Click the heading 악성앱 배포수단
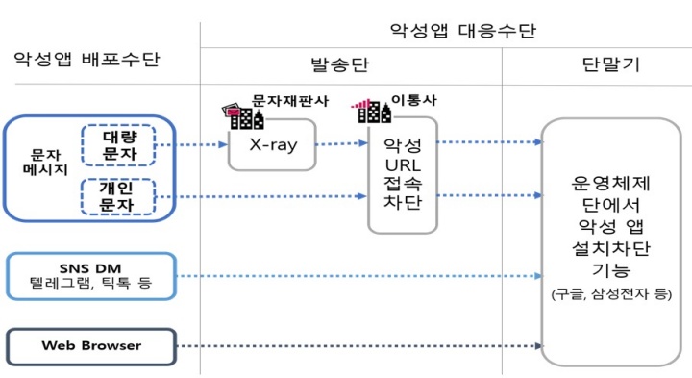[86, 61]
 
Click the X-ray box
[271, 145]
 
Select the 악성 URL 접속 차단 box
[403, 174]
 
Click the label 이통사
[411, 99]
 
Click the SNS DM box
[91, 275]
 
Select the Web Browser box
[91, 346]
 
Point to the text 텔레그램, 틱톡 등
[91, 286]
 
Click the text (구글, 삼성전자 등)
[610, 295]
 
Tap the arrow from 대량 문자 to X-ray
[192, 146]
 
